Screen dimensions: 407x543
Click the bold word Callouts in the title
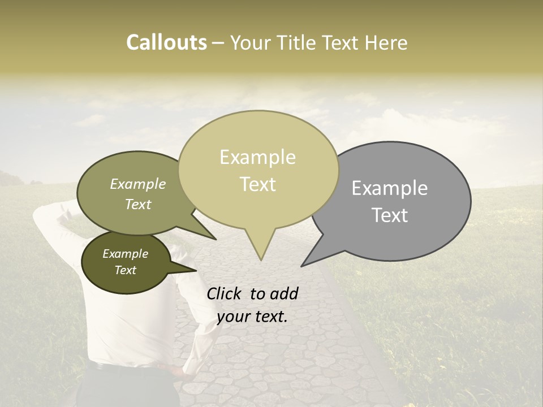166,42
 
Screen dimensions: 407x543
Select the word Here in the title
387,43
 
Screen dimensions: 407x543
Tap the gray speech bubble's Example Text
390,201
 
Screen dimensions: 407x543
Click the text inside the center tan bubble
258,170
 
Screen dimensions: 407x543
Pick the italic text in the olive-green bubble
137,194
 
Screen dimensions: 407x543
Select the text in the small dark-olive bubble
125,262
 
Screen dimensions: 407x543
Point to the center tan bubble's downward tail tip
260,259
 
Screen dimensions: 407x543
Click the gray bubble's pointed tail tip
302,266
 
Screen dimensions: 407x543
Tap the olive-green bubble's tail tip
216,239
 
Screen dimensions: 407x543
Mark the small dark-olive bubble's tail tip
196,271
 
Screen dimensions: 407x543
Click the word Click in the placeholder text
225,293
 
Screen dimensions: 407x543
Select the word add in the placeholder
284,293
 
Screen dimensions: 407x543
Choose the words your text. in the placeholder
252,316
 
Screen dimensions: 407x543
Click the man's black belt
130,367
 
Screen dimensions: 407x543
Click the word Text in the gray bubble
390,215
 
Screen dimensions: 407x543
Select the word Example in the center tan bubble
258,157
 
